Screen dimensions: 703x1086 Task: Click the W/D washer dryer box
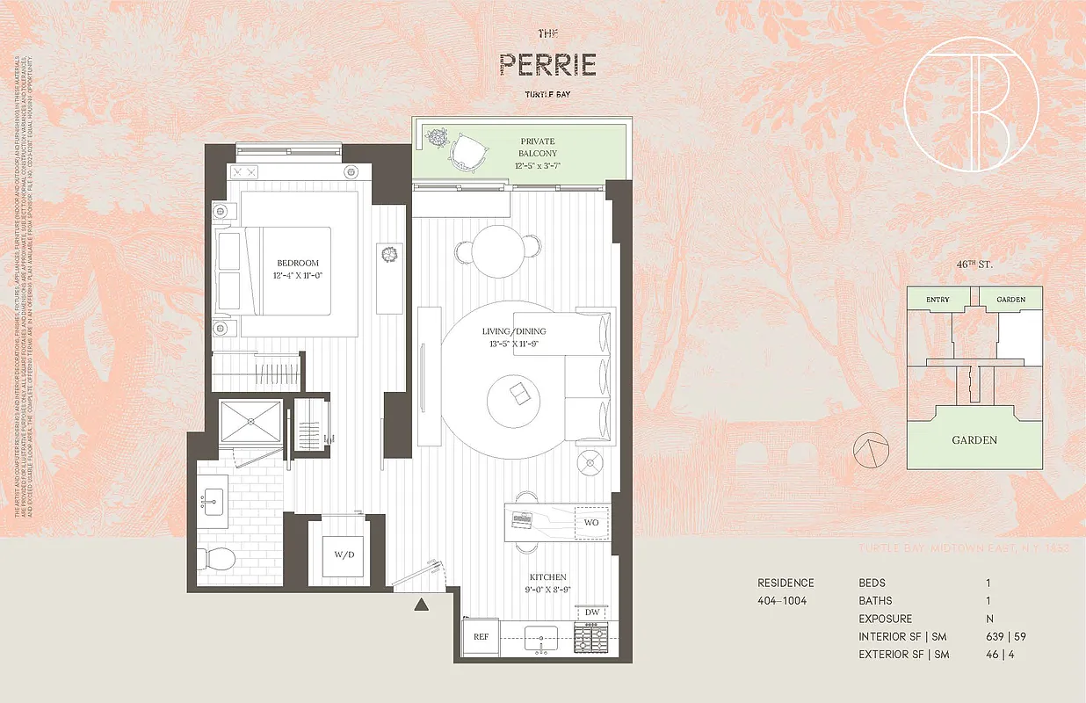[x=344, y=554]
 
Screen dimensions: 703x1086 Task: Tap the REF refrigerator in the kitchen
[x=481, y=636]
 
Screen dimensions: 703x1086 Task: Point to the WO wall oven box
[x=590, y=522]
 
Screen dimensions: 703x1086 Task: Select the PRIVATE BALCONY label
[x=538, y=147]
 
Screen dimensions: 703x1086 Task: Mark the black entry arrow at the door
[x=421, y=604]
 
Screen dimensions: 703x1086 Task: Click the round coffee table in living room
[x=517, y=398]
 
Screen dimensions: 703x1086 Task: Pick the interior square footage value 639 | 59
[x=1003, y=636]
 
